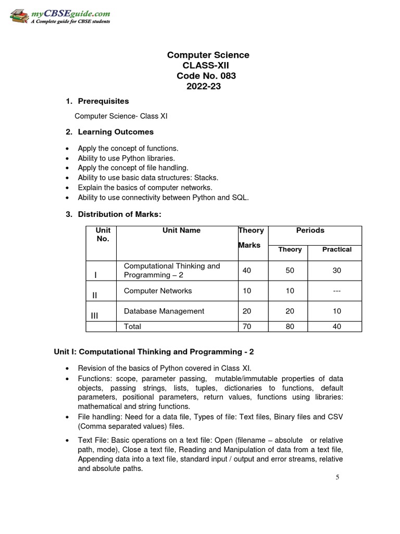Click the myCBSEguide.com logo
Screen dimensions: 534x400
(59, 15)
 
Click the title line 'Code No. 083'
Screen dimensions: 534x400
(208, 76)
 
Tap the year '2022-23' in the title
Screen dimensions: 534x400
(204, 87)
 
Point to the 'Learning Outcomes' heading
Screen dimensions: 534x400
(116, 132)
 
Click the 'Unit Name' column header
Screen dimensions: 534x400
(181, 230)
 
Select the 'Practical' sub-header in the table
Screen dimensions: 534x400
(336, 249)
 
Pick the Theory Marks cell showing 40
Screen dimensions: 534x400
(247, 270)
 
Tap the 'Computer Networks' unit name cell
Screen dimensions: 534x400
(158, 290)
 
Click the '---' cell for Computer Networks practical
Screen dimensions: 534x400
(336, 290)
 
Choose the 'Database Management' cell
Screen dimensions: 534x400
(164, 311)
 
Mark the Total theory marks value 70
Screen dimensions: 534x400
(247, 326)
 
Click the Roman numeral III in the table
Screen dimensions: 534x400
(94, 315)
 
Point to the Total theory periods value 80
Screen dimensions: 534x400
(290, 326)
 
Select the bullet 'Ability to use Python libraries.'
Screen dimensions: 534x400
(126, 158)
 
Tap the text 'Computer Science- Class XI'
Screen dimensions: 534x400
(121, 116)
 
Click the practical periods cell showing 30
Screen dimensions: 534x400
(336, 270)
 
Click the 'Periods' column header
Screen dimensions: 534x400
(310, 230)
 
